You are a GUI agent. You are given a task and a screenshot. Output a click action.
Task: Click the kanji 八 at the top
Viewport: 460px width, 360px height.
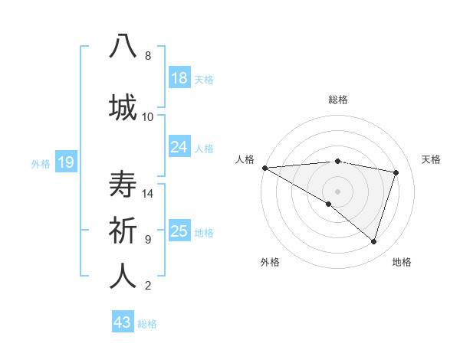(x=123, y=46)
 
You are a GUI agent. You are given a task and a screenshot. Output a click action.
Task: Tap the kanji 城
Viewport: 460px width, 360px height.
(x=123, y=106)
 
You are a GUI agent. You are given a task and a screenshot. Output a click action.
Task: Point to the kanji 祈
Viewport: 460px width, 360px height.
(x=123, y=230)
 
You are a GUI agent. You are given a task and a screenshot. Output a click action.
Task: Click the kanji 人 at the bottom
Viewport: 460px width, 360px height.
(x=123, y=277)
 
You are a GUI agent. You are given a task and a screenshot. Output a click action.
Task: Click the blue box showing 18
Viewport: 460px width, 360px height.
(x=179, y=78)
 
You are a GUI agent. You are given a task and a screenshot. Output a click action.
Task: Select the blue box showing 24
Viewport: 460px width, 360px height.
(x=179, y=147)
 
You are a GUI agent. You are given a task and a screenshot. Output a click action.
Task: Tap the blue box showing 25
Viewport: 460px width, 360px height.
(x=179, y=231)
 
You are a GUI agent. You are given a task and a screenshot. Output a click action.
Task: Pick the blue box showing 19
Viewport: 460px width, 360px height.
(x=65, y=162)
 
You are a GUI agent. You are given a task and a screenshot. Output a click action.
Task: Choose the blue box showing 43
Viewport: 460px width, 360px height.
(x=122, y=322)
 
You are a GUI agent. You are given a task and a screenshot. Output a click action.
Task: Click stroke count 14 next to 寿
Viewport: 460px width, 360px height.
(x=148, y=194)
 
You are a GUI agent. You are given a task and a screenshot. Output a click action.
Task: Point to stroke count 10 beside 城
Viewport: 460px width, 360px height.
(x=148, y=116)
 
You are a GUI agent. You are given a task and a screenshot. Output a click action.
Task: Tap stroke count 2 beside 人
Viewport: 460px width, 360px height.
(x=148, y=286)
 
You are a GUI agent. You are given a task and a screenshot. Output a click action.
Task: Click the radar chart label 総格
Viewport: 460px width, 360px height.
(x=337, y=100)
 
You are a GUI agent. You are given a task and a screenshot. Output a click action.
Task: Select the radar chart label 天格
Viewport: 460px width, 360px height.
(x=432, y=159)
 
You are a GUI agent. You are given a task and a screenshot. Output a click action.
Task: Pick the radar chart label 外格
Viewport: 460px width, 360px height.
(x=270, y=262)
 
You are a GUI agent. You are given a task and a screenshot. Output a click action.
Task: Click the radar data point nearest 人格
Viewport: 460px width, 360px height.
(x=264, y=168)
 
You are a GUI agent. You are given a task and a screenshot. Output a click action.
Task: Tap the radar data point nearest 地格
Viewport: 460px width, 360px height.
(x=373, y=241)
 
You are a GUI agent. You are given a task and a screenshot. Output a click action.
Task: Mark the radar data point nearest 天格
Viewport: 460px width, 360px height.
(x=396, y=172)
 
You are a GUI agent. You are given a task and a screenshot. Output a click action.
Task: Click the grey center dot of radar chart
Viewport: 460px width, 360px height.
(x=337, y=191)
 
